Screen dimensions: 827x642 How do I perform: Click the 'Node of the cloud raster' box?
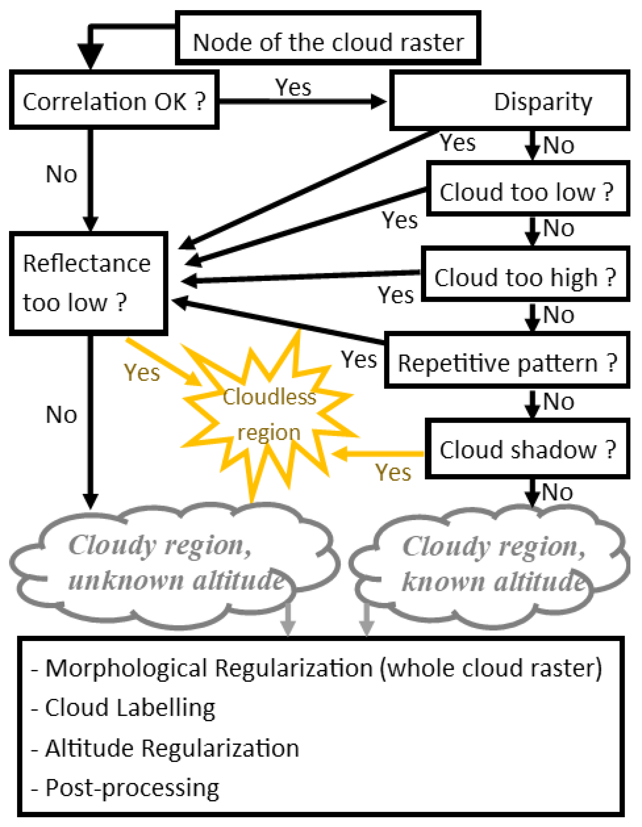click(328, 38)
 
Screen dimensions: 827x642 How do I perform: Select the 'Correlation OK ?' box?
click(114, 100)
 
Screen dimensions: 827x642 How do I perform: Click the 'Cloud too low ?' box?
click(528, 189)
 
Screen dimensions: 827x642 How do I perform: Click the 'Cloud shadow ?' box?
click(527, 449)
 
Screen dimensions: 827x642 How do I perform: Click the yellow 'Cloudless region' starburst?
click(269, 415)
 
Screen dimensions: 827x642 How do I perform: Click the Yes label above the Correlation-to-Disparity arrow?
click(293, 88)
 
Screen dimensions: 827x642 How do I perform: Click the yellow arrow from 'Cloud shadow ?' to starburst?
click(379, 453)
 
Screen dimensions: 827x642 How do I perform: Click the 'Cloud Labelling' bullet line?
click(130, 708)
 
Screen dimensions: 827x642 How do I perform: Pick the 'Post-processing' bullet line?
click(132, 788)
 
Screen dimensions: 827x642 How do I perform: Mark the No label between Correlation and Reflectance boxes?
click(61, 174)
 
